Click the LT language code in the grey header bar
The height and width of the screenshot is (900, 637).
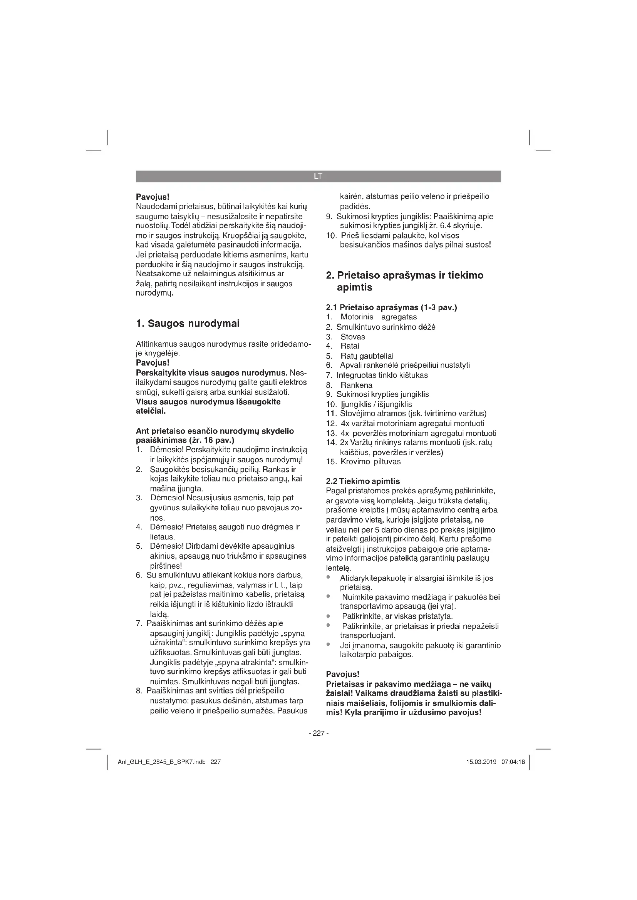[x=318, y=176]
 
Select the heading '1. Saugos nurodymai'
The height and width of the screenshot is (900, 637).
[x=188, y=323]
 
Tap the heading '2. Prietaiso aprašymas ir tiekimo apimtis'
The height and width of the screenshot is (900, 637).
[x=404, y=281]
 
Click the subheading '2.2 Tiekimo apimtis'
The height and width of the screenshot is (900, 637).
[x=363, y=481]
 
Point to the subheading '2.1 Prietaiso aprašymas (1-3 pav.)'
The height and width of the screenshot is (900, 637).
[x=391, y=307]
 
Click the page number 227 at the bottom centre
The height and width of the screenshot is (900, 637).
[x=318, y=733]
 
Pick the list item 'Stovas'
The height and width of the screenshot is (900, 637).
[x=353, y=337]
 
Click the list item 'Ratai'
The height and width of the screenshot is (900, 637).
[x=349, y=346]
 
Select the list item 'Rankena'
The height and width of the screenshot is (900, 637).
[x=356, y=385]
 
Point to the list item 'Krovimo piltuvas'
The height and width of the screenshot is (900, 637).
[x=370, y=461]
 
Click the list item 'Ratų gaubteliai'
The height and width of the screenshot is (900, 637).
[x=367, y=356]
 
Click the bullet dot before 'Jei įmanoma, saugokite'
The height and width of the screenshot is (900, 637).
[x=328, y=645]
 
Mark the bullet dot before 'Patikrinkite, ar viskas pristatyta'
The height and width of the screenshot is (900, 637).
[x=328, y=616]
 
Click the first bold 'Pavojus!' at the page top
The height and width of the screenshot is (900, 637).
[x=152, y=196]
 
